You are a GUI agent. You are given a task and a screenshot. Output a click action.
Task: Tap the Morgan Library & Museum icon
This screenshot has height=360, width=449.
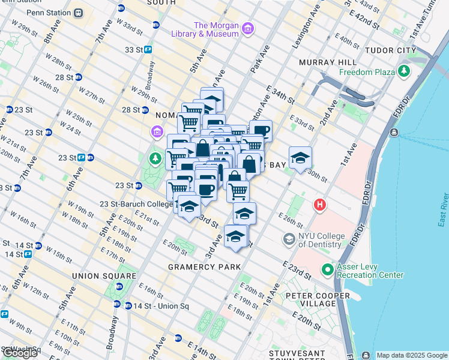(x=248, y=29)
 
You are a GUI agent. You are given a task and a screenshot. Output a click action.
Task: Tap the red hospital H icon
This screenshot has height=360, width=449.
(x=320, y=205)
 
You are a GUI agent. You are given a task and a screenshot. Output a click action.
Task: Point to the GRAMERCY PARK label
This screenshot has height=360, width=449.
(x=204, y=267)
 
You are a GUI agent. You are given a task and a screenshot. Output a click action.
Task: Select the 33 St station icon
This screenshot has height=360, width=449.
(x=148, y=50)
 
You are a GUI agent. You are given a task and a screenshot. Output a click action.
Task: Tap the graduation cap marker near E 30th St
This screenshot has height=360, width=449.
(x=300, y=158)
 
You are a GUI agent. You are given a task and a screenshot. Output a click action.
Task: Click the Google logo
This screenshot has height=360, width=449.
(x=20, y=353)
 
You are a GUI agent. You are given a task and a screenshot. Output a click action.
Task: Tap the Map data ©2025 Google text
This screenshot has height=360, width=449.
(x=411, y=355)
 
